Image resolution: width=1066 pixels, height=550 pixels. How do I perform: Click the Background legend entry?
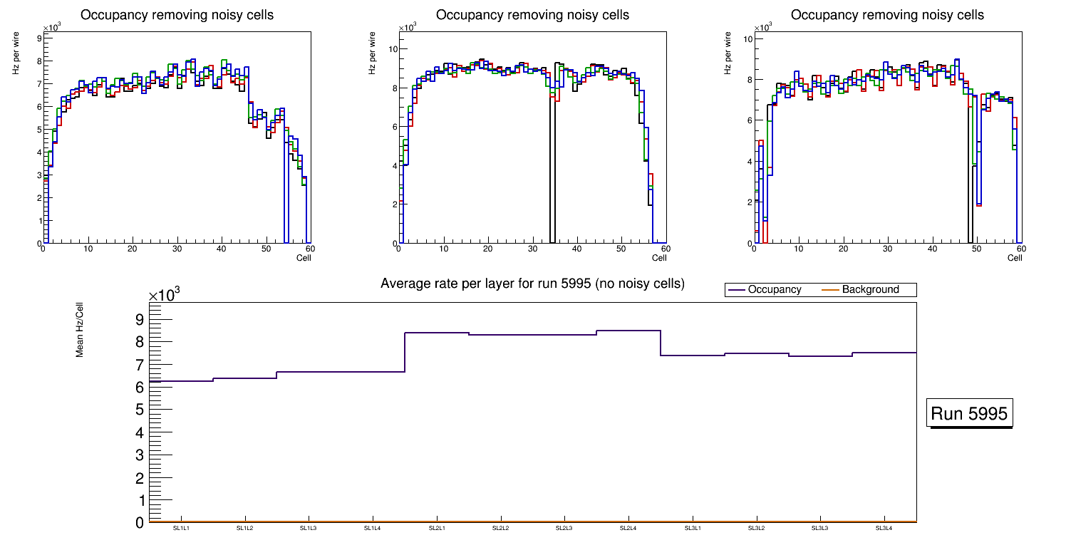tap(870, 290)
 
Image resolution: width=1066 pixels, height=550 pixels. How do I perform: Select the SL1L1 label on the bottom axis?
tap(182, 529)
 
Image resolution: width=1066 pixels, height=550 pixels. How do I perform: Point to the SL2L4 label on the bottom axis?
tap(628, 529)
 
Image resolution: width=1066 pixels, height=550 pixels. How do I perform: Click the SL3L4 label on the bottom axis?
tap(884, 529)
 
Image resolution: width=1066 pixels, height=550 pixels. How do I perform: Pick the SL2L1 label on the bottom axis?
tap(437, 529)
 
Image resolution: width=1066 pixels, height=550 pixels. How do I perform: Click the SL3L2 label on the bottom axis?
tap(756, 529)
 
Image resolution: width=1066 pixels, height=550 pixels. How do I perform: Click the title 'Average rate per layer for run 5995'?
tap(532, 284)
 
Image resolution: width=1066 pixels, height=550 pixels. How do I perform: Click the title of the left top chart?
tap(177, 15)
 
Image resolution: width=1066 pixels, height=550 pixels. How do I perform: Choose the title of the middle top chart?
tap(532, 15)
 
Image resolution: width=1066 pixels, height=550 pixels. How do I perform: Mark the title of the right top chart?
tap(887, 15)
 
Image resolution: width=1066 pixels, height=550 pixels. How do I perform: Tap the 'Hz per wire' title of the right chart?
tap(728, 56)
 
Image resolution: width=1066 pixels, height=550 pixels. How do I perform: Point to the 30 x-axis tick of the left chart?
tap(177, 249)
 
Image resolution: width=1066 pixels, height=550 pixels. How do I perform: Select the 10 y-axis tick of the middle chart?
tap(393, 48)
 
